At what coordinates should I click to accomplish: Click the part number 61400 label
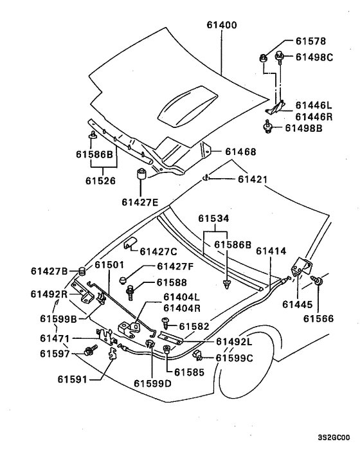click(222, 25)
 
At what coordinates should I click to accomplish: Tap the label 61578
click(310, 41)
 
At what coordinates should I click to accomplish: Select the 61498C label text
click(314, 57)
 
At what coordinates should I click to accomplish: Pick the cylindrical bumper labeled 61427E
click(141, 173)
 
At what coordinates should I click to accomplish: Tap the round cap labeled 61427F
click(123, 280)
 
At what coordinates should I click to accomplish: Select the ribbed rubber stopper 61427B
click(83, 271)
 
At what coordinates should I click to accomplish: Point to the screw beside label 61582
click(166, 323)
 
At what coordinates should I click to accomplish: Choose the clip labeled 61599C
click(197, 354)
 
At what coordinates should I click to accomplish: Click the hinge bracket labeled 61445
click(301, 267)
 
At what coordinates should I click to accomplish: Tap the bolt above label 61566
click(317, 280)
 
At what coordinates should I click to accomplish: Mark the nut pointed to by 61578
click(263, 58)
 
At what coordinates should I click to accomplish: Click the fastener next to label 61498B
click(268, 127)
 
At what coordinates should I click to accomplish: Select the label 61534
click(213, 218)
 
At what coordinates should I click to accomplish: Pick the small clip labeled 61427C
click(131, 242)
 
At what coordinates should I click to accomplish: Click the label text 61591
click(73, 379)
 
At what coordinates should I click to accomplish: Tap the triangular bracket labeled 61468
click(206, 150)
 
